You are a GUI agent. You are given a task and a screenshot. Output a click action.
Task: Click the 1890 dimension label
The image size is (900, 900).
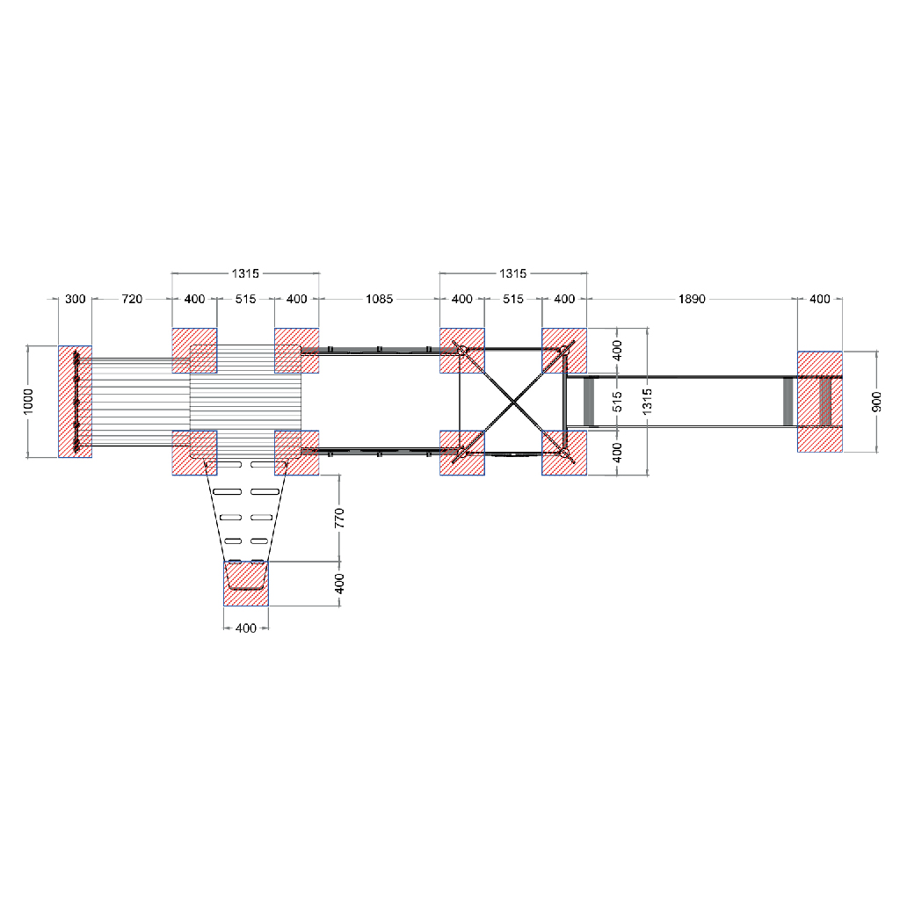coord(692,299)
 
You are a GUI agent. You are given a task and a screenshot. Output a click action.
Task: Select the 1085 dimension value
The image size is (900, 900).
coord(380,299)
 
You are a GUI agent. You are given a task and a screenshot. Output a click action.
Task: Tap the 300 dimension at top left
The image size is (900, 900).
coord(76,299)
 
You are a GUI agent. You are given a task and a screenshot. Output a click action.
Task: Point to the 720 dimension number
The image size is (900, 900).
coord(132,299)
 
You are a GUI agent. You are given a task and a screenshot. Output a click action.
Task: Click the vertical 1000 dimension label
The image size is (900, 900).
coord(28,401)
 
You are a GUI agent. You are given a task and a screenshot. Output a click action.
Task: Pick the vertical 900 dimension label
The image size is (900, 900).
coord(876,401)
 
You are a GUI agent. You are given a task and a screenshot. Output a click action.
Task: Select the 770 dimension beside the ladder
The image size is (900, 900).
coord(339,518)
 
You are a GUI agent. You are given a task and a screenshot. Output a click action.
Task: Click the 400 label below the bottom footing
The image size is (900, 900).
coord(246,628)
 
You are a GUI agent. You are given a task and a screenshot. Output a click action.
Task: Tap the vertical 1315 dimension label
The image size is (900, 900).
coord(648,401)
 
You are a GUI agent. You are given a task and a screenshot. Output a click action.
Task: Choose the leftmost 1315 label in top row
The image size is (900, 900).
coord(246,273)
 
